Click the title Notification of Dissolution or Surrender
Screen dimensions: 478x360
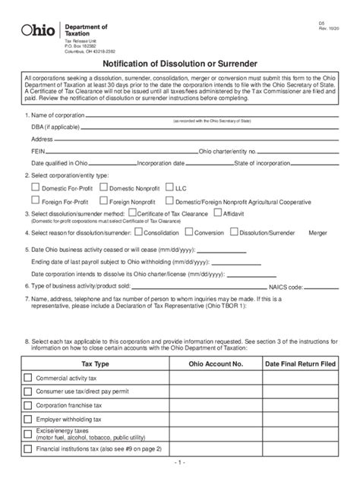point(179,64)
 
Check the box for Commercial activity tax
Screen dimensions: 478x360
point(28,379)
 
